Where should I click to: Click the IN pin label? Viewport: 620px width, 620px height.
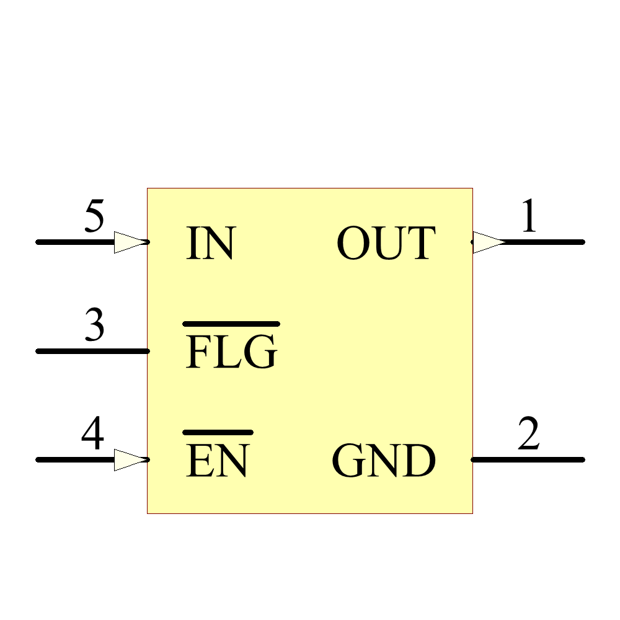click(210, 243)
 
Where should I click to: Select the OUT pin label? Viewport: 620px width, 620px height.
click(386, 243)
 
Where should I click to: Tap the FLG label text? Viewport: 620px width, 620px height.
click(231, 352)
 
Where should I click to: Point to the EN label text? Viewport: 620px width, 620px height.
click(218, 461)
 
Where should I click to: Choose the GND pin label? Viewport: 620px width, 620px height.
click(384, 461)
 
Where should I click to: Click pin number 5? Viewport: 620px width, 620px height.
click(94, 218)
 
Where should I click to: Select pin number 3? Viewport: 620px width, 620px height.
click(94, 327)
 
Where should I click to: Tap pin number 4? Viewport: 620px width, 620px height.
click(93, 435)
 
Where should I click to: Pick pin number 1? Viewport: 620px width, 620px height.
click(528, 218)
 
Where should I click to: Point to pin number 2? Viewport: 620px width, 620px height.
click(528, 435)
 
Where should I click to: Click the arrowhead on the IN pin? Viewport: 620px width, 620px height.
click(131, 242)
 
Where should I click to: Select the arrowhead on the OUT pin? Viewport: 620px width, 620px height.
click(489, 242)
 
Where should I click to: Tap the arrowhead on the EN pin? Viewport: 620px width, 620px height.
click(131, 460)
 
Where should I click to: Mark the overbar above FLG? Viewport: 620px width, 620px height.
click(231, 324)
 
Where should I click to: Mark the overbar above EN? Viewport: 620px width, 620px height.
click(218, 432)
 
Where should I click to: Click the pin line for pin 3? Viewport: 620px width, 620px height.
click(93, 351)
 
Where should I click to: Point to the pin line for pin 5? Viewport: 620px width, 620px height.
click(74, 242)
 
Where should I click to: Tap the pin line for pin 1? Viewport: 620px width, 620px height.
click(546, 242)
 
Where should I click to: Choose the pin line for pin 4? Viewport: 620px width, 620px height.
click(74, 460)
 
